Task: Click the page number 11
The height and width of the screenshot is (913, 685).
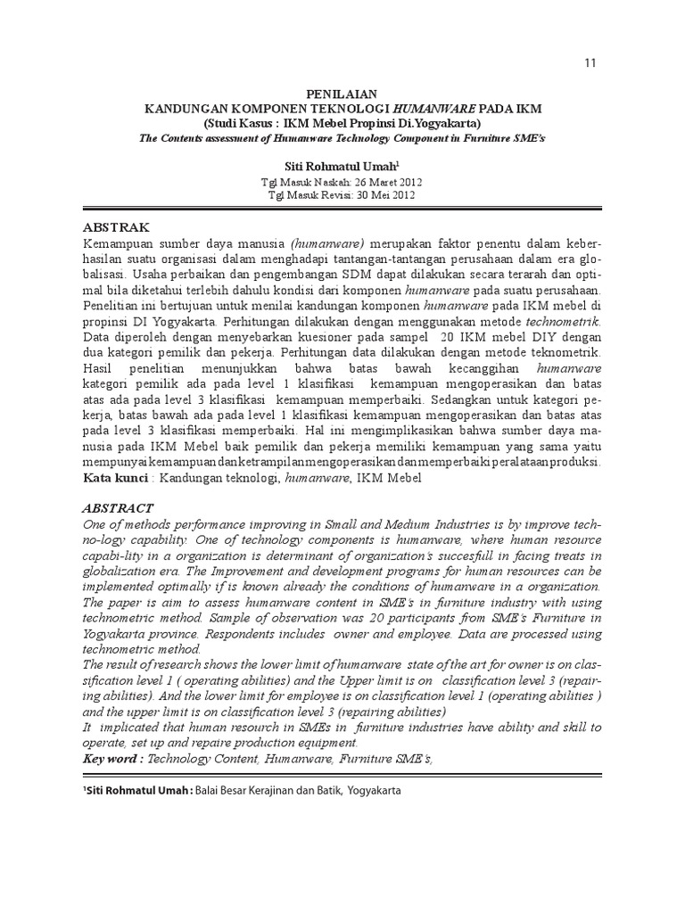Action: click(590, 62)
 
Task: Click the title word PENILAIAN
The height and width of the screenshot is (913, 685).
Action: click(342, 94)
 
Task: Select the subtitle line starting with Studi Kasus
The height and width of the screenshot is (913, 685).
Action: click(342, 122)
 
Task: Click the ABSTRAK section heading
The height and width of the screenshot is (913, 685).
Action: click(116, 227)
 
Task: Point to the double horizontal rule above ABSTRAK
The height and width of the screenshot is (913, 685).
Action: click(342, 210)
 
